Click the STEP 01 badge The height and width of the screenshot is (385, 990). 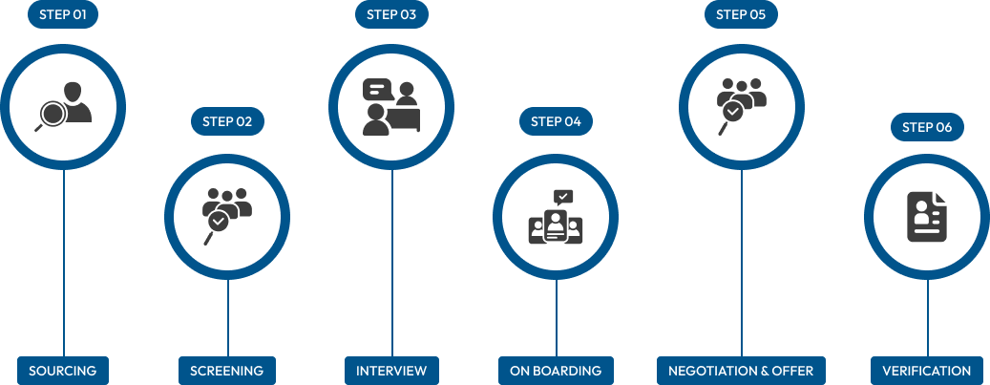coord(63,14)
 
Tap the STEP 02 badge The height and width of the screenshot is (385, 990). coord(227,121)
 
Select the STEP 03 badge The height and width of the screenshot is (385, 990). coord(391,14)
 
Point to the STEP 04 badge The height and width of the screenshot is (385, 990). coord(556,121)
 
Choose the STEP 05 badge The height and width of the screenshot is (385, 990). coord(741,14)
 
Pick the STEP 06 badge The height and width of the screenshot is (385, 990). coord(927,127)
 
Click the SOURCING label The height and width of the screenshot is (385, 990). coord(63,371)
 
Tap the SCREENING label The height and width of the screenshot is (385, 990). coord(227,371)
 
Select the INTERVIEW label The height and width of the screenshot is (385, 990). coord(391,371)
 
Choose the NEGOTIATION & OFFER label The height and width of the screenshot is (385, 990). coord(741,371)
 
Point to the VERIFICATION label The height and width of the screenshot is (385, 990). coord(926,371)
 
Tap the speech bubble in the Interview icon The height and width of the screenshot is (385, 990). coord(378,91)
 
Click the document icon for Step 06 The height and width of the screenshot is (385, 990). coord(926,218)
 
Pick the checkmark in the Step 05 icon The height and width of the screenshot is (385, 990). coord(732,112)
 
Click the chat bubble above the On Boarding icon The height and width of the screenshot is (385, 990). coord(563,197)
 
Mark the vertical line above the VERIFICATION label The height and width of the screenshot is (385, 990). coord(927,315)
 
